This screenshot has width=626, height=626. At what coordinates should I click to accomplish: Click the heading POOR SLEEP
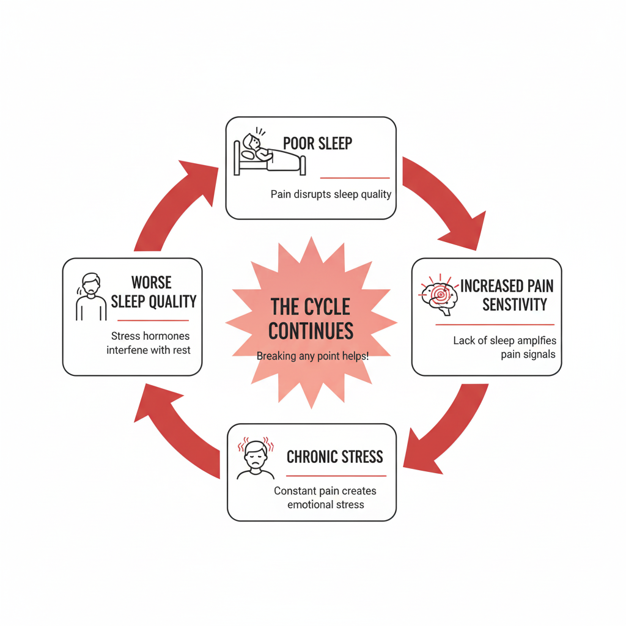coord(318,143)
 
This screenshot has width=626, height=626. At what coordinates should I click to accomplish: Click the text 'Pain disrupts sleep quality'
coord(331,194)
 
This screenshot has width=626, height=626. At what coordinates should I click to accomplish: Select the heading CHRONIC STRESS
coord(335,457)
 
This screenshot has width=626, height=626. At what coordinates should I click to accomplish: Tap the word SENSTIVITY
coord(515,304)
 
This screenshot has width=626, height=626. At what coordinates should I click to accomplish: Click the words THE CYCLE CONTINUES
coord(311,318)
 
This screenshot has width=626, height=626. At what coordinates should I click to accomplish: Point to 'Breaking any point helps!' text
coord(312,356)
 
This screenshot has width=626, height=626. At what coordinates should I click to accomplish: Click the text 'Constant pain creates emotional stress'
coord(325,498)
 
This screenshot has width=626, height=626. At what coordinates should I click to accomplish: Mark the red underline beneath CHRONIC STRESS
coord(336,476)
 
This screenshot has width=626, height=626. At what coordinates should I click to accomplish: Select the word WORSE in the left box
coord(152,282)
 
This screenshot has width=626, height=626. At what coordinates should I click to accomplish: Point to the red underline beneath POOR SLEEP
coord(355,178)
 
